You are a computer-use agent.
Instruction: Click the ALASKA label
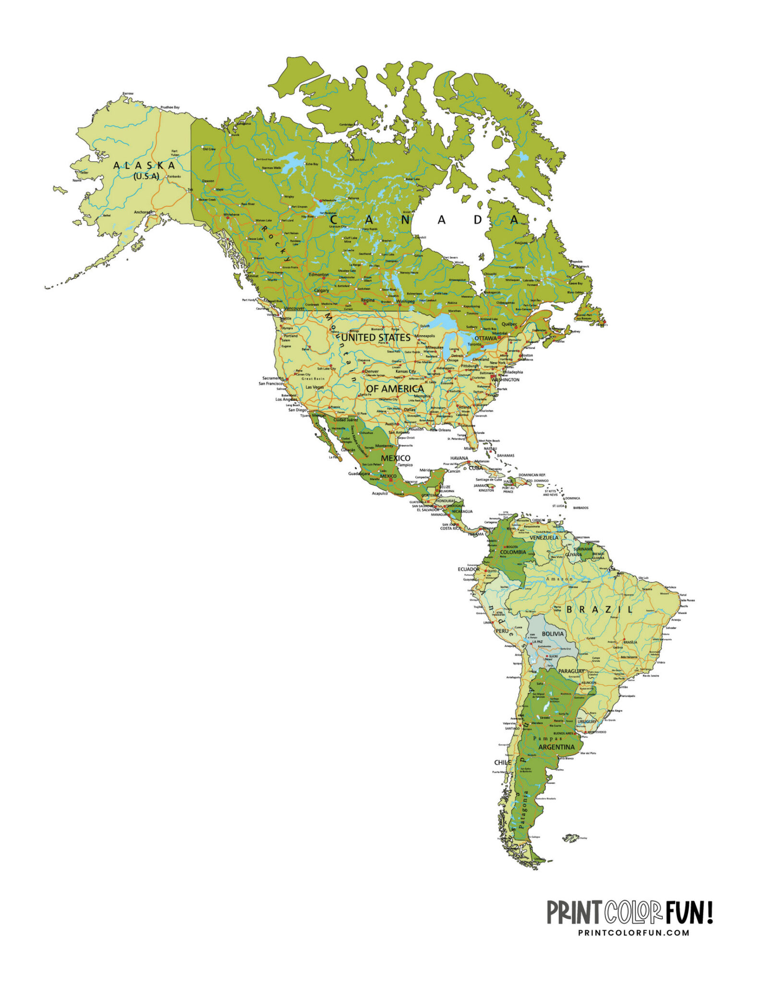click(145, 166)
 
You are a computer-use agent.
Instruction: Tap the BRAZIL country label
click(600, 610)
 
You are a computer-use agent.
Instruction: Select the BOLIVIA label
click(553, 634)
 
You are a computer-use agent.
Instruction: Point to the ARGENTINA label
click(556, 747)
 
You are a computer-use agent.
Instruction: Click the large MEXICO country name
click(396, 458)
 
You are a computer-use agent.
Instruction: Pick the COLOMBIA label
click(513, 552)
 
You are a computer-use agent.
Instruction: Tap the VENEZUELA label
click(544, 538)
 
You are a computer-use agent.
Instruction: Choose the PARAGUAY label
click(571, 671)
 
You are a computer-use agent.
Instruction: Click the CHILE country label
click(503, 762)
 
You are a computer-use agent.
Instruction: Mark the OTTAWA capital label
click(485, 338)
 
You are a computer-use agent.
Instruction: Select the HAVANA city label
click(459, 458)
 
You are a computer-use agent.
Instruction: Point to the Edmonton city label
click(319, 275)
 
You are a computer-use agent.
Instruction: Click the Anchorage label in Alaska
click(143, 212)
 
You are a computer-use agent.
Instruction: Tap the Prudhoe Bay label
click(170, 108)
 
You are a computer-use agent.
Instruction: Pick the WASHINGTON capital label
click(505, 380)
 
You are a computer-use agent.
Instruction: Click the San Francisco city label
click(271, 384)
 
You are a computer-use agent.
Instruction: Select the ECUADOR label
click(469, 569)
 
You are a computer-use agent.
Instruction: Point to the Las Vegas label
click(314, 387)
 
